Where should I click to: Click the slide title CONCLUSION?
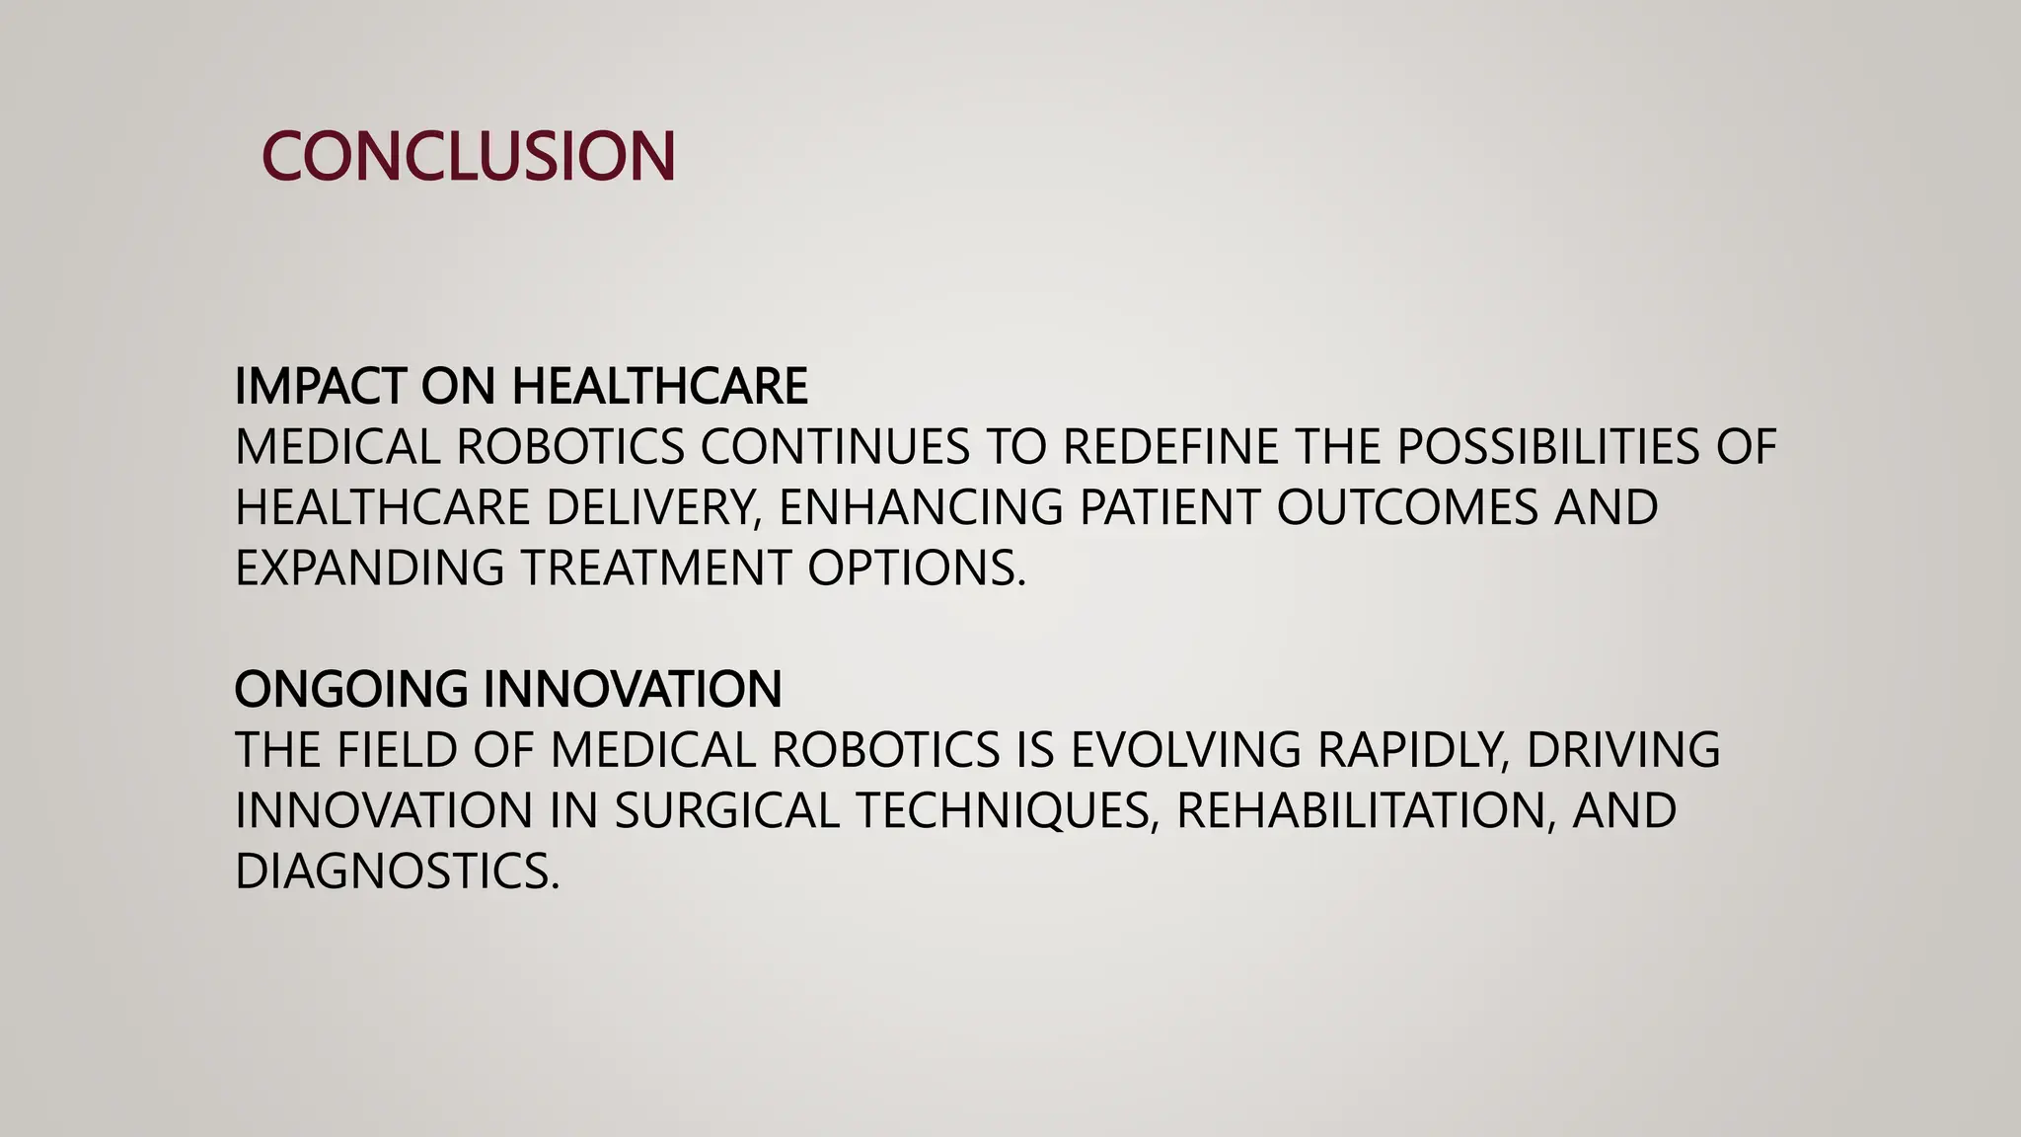(469, 156)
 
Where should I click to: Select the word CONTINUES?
(835, 447)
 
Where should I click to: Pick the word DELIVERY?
(653, 507)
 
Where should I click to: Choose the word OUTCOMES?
(1407, 507)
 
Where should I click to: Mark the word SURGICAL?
(726, 810)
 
